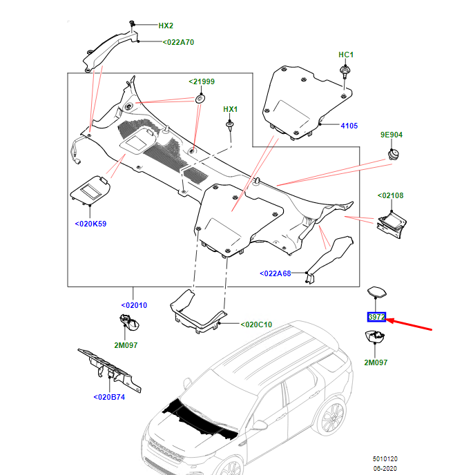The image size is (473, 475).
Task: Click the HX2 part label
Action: click(x=166, y=26)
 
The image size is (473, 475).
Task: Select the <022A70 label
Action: click(x=179, y=42)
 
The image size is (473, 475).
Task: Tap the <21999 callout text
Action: click(x=202, y=81)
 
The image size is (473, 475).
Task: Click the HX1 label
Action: click(x=230, y=109)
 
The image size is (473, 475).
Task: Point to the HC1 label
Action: click(x=345, y=55)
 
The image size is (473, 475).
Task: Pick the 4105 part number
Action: click(x=349, y=126)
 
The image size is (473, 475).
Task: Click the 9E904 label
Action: click(x=392, y=135)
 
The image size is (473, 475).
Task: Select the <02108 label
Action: click(x=390, y=196)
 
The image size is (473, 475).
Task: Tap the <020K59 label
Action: click(x=90, y=224)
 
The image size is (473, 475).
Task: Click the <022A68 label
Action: click(x=276, y=273)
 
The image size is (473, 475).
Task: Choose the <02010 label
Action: click(x=133, y=305)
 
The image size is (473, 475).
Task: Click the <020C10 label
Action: click(x=256, y=324)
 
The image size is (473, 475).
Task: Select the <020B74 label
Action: click(x=108, y=397)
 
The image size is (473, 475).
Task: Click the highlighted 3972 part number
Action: click(x=376, y=318)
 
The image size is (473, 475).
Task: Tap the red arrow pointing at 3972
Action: click(x=411, y=325)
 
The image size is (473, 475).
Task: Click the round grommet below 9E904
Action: click(x=395, y=153)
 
